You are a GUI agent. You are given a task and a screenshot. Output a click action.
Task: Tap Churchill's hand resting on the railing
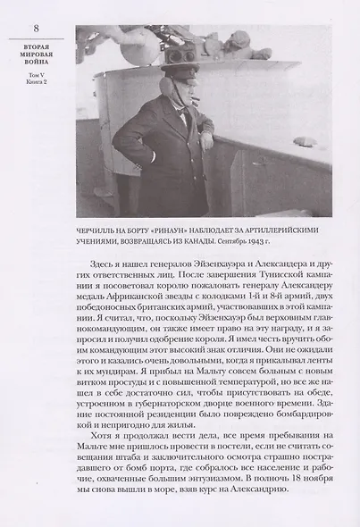click(x=207, y=141)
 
